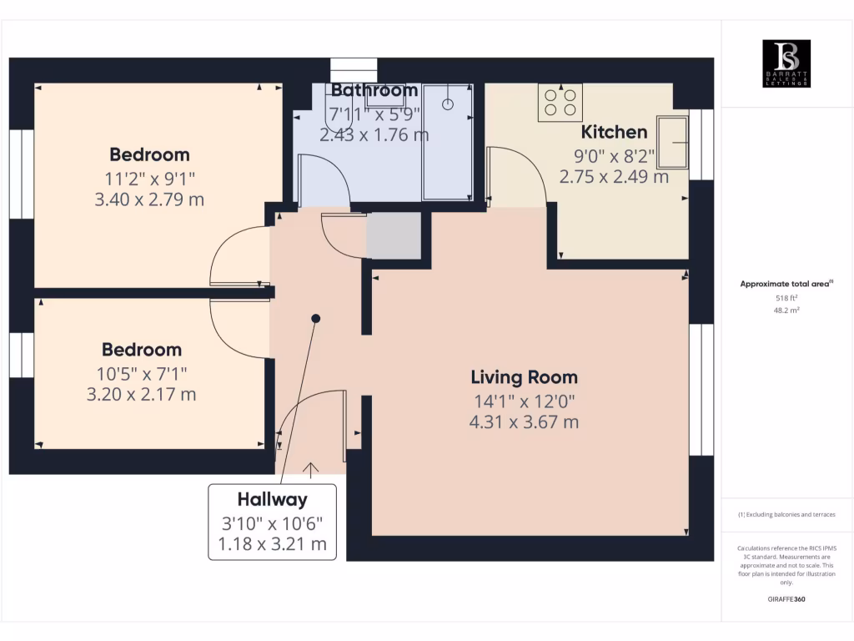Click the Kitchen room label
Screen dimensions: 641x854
(614, 132)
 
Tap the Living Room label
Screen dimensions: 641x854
(524, 377)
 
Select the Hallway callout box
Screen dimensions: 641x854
(273, 522)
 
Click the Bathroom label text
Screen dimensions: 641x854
(374, 90)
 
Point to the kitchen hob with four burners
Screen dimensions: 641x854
(560, 102)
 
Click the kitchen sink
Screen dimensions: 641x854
(673, 143)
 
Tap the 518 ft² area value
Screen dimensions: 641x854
(786, 297)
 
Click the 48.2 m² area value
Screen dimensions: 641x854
(786, 310)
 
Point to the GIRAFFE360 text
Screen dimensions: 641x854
(786, 599)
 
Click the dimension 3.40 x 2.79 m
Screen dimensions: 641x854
(149, 199)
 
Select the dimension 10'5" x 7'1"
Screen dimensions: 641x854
(141, 372)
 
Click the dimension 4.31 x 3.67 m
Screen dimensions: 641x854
(524, 421)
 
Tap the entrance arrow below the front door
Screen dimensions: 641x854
(313, 470)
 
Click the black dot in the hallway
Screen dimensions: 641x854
(316, 318)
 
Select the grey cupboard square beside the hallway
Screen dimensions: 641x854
(394, 235)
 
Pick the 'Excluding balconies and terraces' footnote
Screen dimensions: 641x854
(786, 515)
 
